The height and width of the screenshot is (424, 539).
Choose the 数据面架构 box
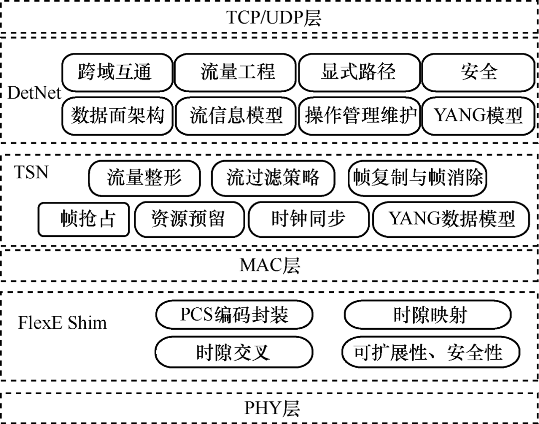tap(117, 116)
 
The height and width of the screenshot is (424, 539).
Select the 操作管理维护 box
tap(359, 116)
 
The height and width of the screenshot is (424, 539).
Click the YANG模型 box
tap(478, 116)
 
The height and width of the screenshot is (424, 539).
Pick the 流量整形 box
tap(144, 178)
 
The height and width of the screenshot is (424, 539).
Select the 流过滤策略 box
tap(273, 178)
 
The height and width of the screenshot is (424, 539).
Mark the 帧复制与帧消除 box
tap(417, 178)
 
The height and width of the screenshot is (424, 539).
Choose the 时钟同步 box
tap(309, 219)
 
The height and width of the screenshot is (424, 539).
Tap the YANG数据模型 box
tap(451, 219)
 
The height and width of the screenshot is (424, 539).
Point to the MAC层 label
tap(270, 265)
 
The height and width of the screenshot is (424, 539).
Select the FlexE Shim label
tap(62, 322)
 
